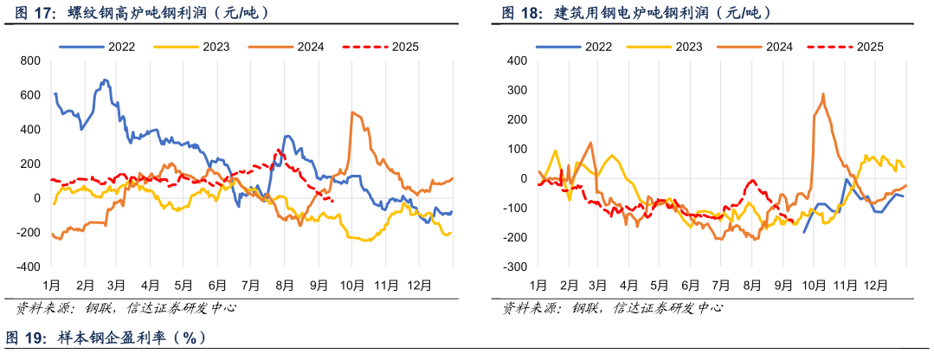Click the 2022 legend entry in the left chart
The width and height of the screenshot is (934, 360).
coord(107,46)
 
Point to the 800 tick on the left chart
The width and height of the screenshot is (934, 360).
coord(30,61)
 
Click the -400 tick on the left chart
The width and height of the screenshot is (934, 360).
coord(29,267)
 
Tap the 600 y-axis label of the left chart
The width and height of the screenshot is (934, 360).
coord(30,95)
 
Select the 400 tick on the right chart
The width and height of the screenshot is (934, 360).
coord(517,61)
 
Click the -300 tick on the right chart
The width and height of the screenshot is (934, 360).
coord(515,267)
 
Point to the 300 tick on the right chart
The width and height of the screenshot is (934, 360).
coord(517,90)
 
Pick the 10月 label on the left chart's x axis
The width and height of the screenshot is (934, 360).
coord(351,285)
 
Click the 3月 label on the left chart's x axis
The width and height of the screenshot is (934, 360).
coord(117,285)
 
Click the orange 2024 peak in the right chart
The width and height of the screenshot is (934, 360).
coord(823,94)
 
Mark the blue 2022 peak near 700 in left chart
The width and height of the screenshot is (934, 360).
coord(105,80)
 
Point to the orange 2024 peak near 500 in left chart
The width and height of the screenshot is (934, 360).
coord(352,112)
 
